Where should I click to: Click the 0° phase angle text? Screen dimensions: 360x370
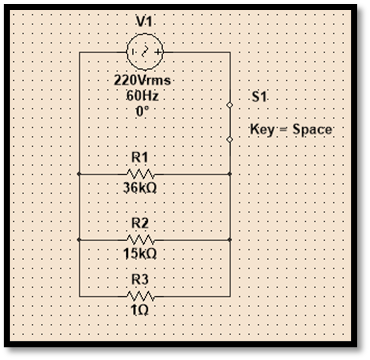141,109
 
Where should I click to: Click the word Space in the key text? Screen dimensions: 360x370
312,131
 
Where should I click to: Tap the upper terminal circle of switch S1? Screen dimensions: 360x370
231,105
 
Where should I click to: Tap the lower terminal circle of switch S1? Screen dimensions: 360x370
231,141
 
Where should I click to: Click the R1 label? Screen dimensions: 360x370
139,157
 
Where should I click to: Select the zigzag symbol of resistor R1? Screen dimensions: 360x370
140,172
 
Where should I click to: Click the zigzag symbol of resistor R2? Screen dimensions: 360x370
140,240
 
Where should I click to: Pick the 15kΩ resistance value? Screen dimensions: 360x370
140,255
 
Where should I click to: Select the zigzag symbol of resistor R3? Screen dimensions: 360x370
140,296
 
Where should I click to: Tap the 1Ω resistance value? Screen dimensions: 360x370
140,311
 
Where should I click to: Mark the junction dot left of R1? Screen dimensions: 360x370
79,172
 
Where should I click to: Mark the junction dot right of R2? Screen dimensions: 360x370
231,240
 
